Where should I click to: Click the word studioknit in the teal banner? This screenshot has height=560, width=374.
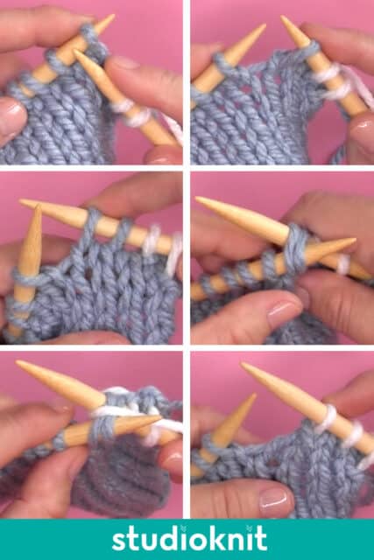pos(189,539)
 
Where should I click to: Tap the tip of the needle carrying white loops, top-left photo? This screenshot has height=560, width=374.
pos(74,51)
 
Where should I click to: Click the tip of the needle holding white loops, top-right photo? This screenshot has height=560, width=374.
pos(282,17)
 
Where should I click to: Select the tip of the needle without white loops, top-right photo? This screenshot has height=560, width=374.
pos(265,25)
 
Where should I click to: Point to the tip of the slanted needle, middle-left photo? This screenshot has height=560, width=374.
pos(21,201)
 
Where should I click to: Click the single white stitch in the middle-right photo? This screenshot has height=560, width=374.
pos(343,263)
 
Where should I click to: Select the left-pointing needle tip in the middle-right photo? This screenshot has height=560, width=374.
pos(197,199)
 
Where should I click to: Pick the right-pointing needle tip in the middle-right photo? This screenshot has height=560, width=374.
pos(354,241)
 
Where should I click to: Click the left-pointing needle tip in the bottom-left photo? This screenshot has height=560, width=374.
pos(18,362)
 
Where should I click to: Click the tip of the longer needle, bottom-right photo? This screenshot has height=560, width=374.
pos(243,365)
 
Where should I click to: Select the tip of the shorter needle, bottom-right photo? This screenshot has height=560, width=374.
pos(255,395)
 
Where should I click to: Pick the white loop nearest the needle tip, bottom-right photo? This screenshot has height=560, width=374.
pos(328,418)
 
